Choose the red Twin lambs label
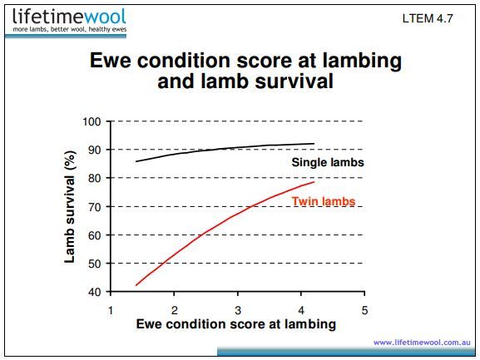pyautogui.click(x=324, y=201)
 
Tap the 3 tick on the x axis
pyautogui.click(x=238, y=308)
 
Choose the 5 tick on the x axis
pyautogui.click(x=364, y=308)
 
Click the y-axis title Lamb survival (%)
pyautogui.click(x=72, y=207)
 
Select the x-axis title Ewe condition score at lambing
pyautogui.click(x=236, y=323)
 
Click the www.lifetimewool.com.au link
pyautogui.click(x=422, y=342)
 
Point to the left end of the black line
pyautogui.click(x=136, y=161)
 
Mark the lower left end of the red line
pyautogui.click(x=136, y=285)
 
